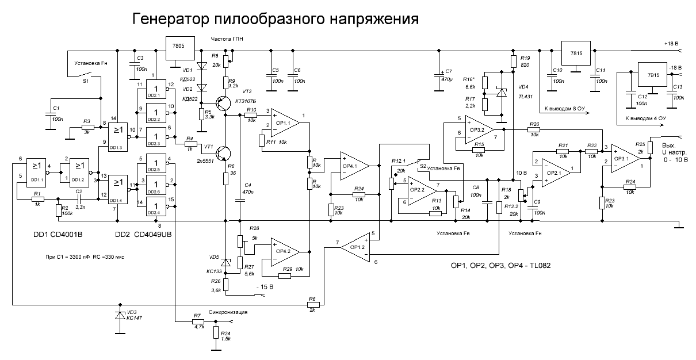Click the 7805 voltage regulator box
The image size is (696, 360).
(x=179, y=47)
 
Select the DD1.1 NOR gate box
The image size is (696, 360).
(x=37, y=168)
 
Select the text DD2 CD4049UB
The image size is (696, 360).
(x=143, y=236)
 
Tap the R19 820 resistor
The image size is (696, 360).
(x=513, y=61)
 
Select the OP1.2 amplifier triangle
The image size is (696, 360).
(x=355, y=247)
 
